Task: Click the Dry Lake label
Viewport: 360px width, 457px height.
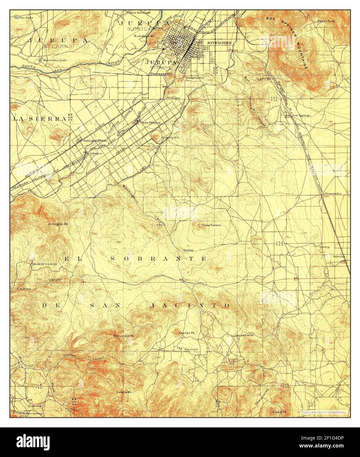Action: click(x=25, y=17)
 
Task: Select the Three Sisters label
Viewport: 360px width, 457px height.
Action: click(x=211, y=225)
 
